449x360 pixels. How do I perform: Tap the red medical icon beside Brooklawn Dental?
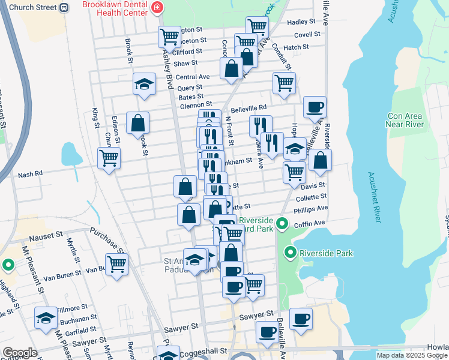pos(157,8)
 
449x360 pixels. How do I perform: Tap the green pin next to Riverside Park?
pos(291,253)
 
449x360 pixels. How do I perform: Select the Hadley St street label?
pos(297,22)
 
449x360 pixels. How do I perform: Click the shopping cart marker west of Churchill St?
pos(109,158)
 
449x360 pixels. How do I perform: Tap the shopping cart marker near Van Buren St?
pos(116,263)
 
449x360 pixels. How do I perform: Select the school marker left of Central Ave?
pos(144,84)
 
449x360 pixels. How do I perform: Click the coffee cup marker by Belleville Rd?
pos(315,107)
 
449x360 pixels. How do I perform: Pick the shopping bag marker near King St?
pos(137,122)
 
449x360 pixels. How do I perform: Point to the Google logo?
pos(19,353)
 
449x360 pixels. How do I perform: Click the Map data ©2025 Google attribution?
pos(411,355)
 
